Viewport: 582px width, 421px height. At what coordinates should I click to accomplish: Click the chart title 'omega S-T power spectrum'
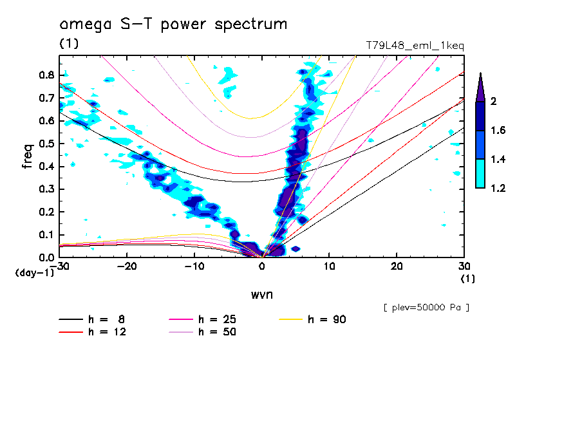click(x=173, y=24)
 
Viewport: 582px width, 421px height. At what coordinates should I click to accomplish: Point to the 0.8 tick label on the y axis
click(x=46, y=75)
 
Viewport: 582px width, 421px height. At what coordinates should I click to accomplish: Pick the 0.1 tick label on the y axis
click(x=46, y=235)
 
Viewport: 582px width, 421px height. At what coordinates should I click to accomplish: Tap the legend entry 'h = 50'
click(x=217, y=332)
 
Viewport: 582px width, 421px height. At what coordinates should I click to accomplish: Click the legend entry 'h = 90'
click(x=327, y=319)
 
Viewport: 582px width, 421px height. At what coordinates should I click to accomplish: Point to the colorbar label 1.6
click(x=498, y=131)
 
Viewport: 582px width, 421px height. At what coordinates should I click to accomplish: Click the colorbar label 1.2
click(x=498, y=188)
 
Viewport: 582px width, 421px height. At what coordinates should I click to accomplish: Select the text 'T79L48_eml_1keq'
click(x=414, y=46)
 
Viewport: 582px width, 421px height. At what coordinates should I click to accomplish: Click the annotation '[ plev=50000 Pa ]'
click(x=426, y=308)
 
